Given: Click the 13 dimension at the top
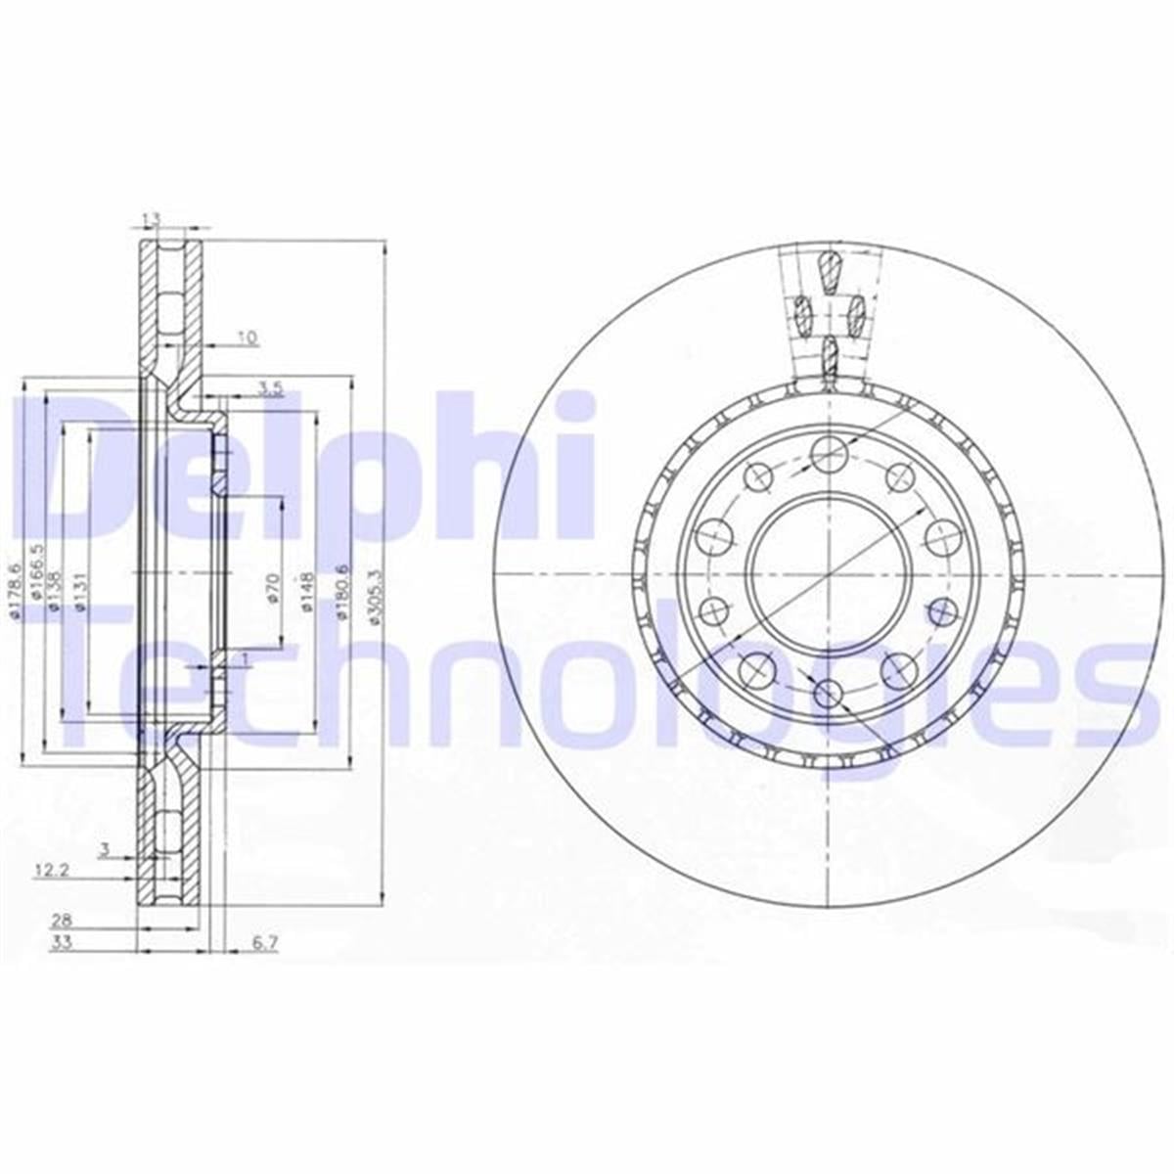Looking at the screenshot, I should click(150, 219).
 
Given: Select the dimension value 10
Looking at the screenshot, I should click(248, 339).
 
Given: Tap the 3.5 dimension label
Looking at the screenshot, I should click(270, 388).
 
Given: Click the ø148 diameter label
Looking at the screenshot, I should click(306, 592).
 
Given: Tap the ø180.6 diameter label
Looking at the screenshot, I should click(341, 592).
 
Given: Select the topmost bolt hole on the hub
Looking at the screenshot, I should click(828, 452).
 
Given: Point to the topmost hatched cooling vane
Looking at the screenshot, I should click(829, 271).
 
